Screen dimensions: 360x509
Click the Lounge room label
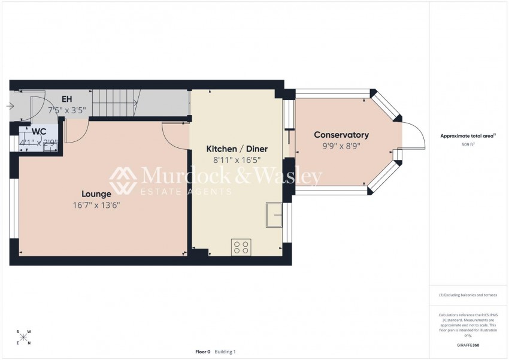click(96, 194)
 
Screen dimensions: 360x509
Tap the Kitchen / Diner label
click(237, 149)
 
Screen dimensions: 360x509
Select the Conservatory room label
click(341, 135)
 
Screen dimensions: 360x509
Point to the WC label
click(40, 131)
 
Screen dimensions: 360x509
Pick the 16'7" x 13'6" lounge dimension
click(97, 205)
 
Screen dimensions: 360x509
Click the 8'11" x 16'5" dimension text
click(237, 160)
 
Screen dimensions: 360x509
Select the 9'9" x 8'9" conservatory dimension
click(341, 146)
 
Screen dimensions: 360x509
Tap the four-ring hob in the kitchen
click(241, 247)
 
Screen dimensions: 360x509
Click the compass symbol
click(23, 337)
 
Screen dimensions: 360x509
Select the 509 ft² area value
click(468, 145)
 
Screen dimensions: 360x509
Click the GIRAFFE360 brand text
click(468, 346)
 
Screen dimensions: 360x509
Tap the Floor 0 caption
click(203, 352)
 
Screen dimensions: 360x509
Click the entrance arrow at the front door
click(11, 107)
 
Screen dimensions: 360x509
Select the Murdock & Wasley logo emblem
click(123, 181)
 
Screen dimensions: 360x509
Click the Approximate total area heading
click(468, 136)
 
